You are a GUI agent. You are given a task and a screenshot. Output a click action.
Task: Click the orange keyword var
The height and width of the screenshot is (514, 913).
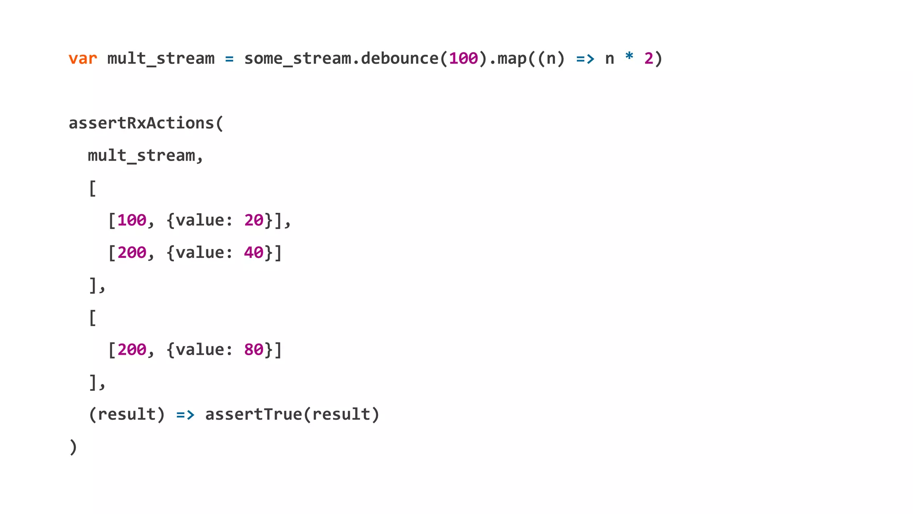(83, 58)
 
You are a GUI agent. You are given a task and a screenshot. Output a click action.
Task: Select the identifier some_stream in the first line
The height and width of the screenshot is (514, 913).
(297, 58)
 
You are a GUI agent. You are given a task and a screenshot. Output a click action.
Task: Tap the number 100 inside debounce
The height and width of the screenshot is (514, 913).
(463, 58)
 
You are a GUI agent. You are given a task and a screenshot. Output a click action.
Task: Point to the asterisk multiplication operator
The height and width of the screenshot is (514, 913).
(629, 57)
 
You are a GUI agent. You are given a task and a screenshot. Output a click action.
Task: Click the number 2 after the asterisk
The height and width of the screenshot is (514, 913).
(649, 58)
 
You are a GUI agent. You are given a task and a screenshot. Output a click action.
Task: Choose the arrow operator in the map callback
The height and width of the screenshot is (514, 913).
(585, 58)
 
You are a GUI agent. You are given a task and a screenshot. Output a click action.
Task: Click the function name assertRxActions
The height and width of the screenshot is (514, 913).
(141, 123)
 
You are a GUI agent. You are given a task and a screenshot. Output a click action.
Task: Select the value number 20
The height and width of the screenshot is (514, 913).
(254, 220)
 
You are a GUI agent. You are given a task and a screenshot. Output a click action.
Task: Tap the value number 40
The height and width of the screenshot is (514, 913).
(254, 253)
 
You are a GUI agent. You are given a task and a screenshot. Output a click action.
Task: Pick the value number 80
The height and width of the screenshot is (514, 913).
(254, 350)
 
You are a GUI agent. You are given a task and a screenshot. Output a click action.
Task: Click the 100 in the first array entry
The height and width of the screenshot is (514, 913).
(132, 220)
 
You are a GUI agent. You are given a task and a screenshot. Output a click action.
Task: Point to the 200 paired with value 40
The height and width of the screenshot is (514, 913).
(132, 253)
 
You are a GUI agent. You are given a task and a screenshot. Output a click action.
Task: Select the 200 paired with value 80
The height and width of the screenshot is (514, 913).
(132, 350)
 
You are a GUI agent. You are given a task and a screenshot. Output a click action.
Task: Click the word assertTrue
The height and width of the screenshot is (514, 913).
(253, 415)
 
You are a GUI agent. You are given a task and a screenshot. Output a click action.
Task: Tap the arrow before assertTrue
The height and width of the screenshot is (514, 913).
(185, 415)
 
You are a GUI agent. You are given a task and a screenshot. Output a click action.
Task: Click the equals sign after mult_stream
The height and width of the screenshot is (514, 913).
(229, 58)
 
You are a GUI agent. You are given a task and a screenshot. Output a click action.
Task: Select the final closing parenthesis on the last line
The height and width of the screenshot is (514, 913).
(73, 447)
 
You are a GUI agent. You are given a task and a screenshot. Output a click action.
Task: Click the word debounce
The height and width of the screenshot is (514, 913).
(400, 58)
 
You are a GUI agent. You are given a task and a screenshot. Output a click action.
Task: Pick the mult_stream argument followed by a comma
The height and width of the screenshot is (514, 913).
(141, 156)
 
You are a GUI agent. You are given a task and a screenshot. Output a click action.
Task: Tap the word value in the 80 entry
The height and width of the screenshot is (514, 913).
(200, 350)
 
